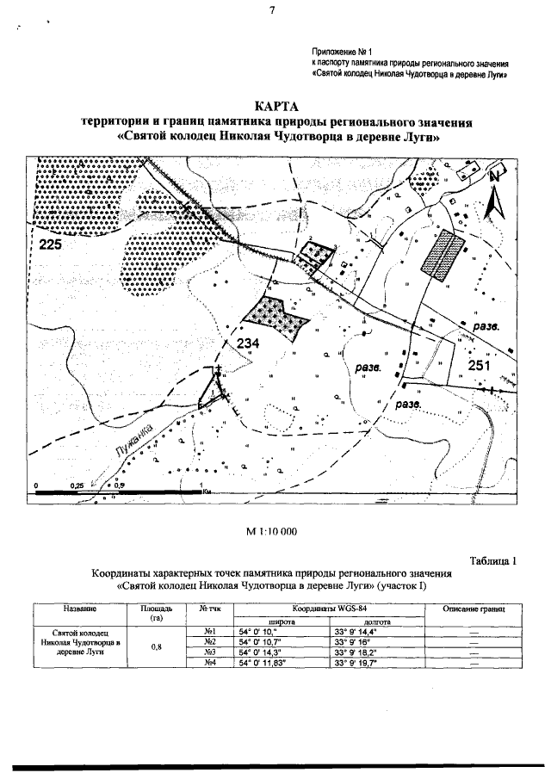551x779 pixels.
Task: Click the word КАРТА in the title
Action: (x=275, y=106)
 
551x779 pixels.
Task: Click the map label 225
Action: (x=53, y=245)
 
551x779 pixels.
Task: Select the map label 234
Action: (x=248, y=343)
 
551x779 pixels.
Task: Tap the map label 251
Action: (x=480, y=366)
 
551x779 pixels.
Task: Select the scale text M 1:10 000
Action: (x=272, y=531)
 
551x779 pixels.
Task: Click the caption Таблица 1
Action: (x=492, y=561)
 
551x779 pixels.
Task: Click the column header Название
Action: (x=79, y=608)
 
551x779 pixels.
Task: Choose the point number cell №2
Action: (x=207, y=642)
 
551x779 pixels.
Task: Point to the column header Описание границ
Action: (x=472, y=609)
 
